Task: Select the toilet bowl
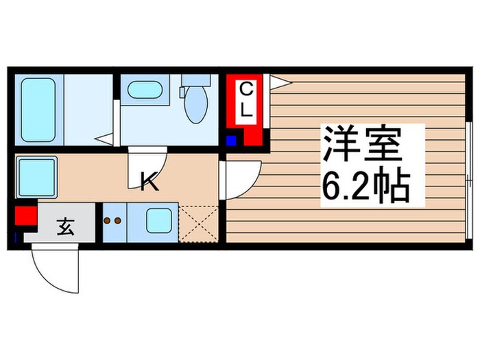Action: pos(197,104)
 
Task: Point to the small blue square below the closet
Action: pos(231,141)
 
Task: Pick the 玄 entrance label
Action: pos(66,224)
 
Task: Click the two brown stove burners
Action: pos(112,221)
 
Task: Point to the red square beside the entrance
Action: pos(25,217)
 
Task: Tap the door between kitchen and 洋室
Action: pos(242,178)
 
